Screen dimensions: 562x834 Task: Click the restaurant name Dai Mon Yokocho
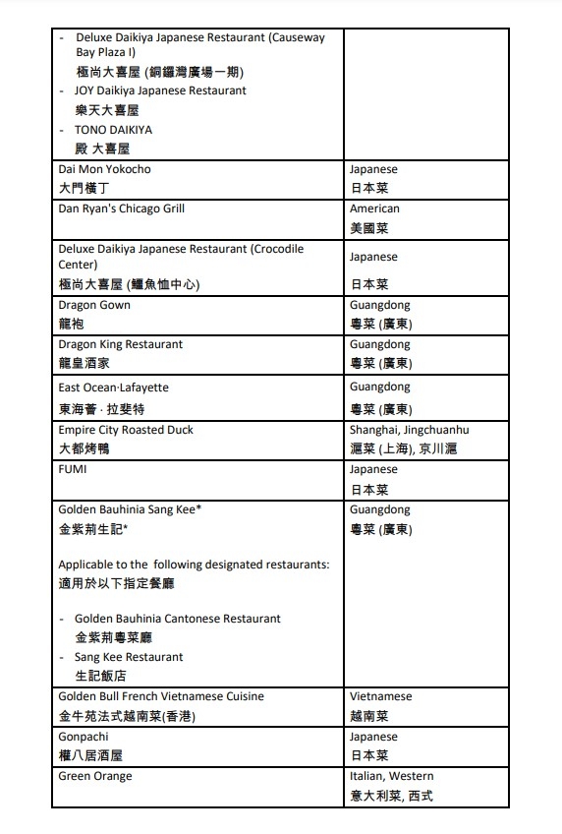105,169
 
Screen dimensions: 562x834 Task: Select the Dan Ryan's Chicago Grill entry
122,208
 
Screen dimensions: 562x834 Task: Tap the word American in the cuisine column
374,208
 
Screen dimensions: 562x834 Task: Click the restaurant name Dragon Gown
94,305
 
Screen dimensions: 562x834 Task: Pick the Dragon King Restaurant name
121,344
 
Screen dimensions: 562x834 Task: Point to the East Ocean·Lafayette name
114,387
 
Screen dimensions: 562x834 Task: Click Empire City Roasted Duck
126,430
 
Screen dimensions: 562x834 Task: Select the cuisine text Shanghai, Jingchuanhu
409,430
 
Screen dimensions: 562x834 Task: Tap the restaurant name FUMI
73,469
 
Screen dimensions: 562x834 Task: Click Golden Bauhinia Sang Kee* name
131,508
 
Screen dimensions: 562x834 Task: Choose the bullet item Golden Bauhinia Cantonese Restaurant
178,619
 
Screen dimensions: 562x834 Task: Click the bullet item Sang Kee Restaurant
129,657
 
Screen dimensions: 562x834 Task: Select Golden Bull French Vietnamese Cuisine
161,696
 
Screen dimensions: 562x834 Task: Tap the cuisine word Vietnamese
380,696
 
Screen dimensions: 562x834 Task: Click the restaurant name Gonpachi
84,737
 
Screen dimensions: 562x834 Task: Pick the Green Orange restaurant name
95,776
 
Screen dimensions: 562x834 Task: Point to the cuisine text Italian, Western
391,776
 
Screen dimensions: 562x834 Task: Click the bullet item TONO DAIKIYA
113,130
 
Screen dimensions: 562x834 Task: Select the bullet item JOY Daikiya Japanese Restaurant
160,90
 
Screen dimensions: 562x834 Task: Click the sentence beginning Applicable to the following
194,565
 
